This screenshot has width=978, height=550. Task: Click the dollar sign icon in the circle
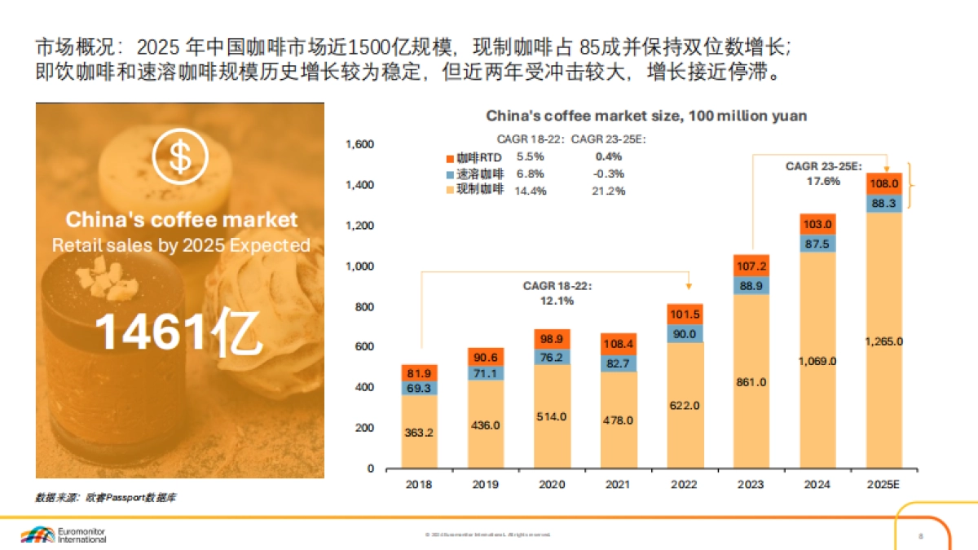tap(179, 158)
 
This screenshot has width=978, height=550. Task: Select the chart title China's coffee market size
tap(646, 116)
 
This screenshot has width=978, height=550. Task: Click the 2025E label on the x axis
tap(883, 484)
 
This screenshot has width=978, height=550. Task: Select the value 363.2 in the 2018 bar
tap(419, 433)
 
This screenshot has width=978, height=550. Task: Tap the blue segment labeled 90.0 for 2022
tap(685, 333)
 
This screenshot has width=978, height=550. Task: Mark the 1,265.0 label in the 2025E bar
tap(884, 341)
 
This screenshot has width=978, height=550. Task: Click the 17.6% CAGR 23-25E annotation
tap(823, 181)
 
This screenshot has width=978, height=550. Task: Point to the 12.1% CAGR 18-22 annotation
tap(557, 301)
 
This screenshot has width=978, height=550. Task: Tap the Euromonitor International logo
tap(64, 535)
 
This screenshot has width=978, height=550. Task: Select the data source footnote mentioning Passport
tap(104, 496)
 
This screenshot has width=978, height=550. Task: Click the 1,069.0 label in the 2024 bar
tap(817, 361)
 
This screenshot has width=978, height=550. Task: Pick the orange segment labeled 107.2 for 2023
tap(751, 266)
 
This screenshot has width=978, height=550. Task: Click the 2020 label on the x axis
tap(552, 484)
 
